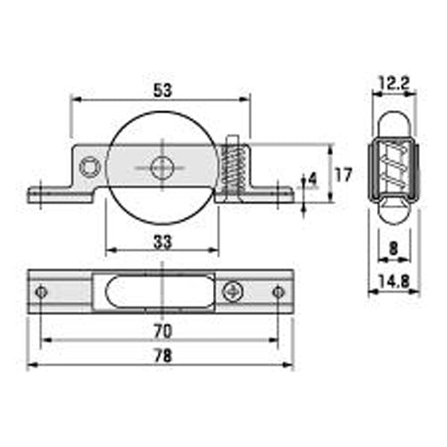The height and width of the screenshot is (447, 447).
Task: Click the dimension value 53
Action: click(162, 90)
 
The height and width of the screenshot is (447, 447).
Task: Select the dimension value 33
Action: click(162, 242)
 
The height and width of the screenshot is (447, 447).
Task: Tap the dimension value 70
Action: click(162, 332)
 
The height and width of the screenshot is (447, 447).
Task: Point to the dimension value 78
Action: click(163, 356)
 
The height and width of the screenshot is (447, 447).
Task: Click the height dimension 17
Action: click(343, 175)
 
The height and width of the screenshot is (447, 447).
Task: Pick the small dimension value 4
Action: click(313, 180)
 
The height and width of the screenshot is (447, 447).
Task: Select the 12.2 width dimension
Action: click(395, 83)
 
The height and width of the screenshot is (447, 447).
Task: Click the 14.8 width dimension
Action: click(394, 282)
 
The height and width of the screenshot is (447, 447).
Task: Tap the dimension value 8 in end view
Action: click(393, 249)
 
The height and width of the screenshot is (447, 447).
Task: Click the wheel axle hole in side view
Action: click(162, 168)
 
